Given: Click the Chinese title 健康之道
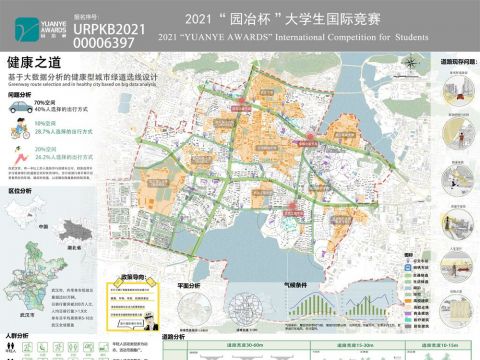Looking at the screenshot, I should (28, 62).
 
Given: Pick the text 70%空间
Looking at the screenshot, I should (44, 103).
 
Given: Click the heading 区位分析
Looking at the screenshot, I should (19, 188).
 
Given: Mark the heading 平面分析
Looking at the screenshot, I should (188, 286).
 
